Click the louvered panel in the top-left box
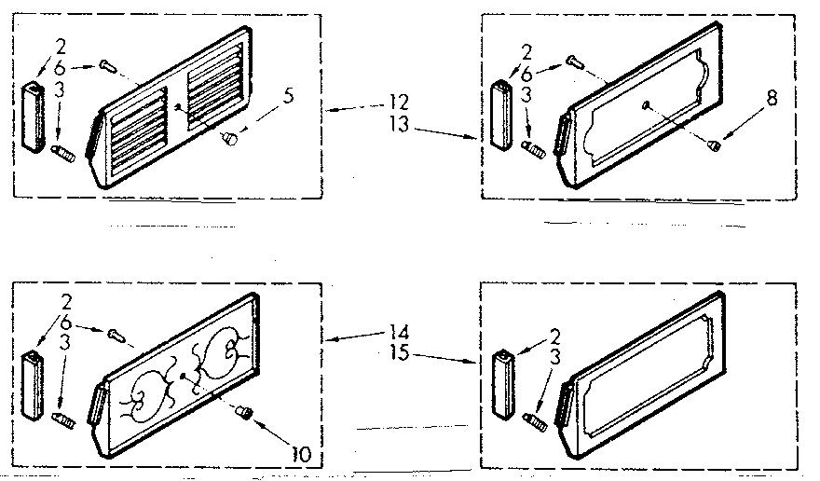click(177, 117)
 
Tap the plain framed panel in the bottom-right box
click(643, 373)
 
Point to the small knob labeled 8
click(713, 144)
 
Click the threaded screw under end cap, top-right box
click(535, 146)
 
